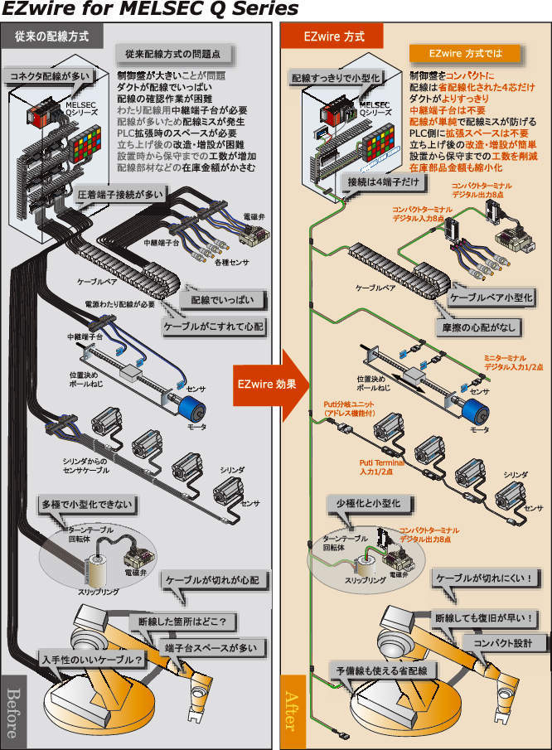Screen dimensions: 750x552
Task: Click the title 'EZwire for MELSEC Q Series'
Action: (150, 10)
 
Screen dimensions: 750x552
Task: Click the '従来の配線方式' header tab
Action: (57, 36)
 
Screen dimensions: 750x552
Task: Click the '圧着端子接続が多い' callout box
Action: (120, 193)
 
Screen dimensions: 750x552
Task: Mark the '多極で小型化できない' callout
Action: (85, 504)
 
